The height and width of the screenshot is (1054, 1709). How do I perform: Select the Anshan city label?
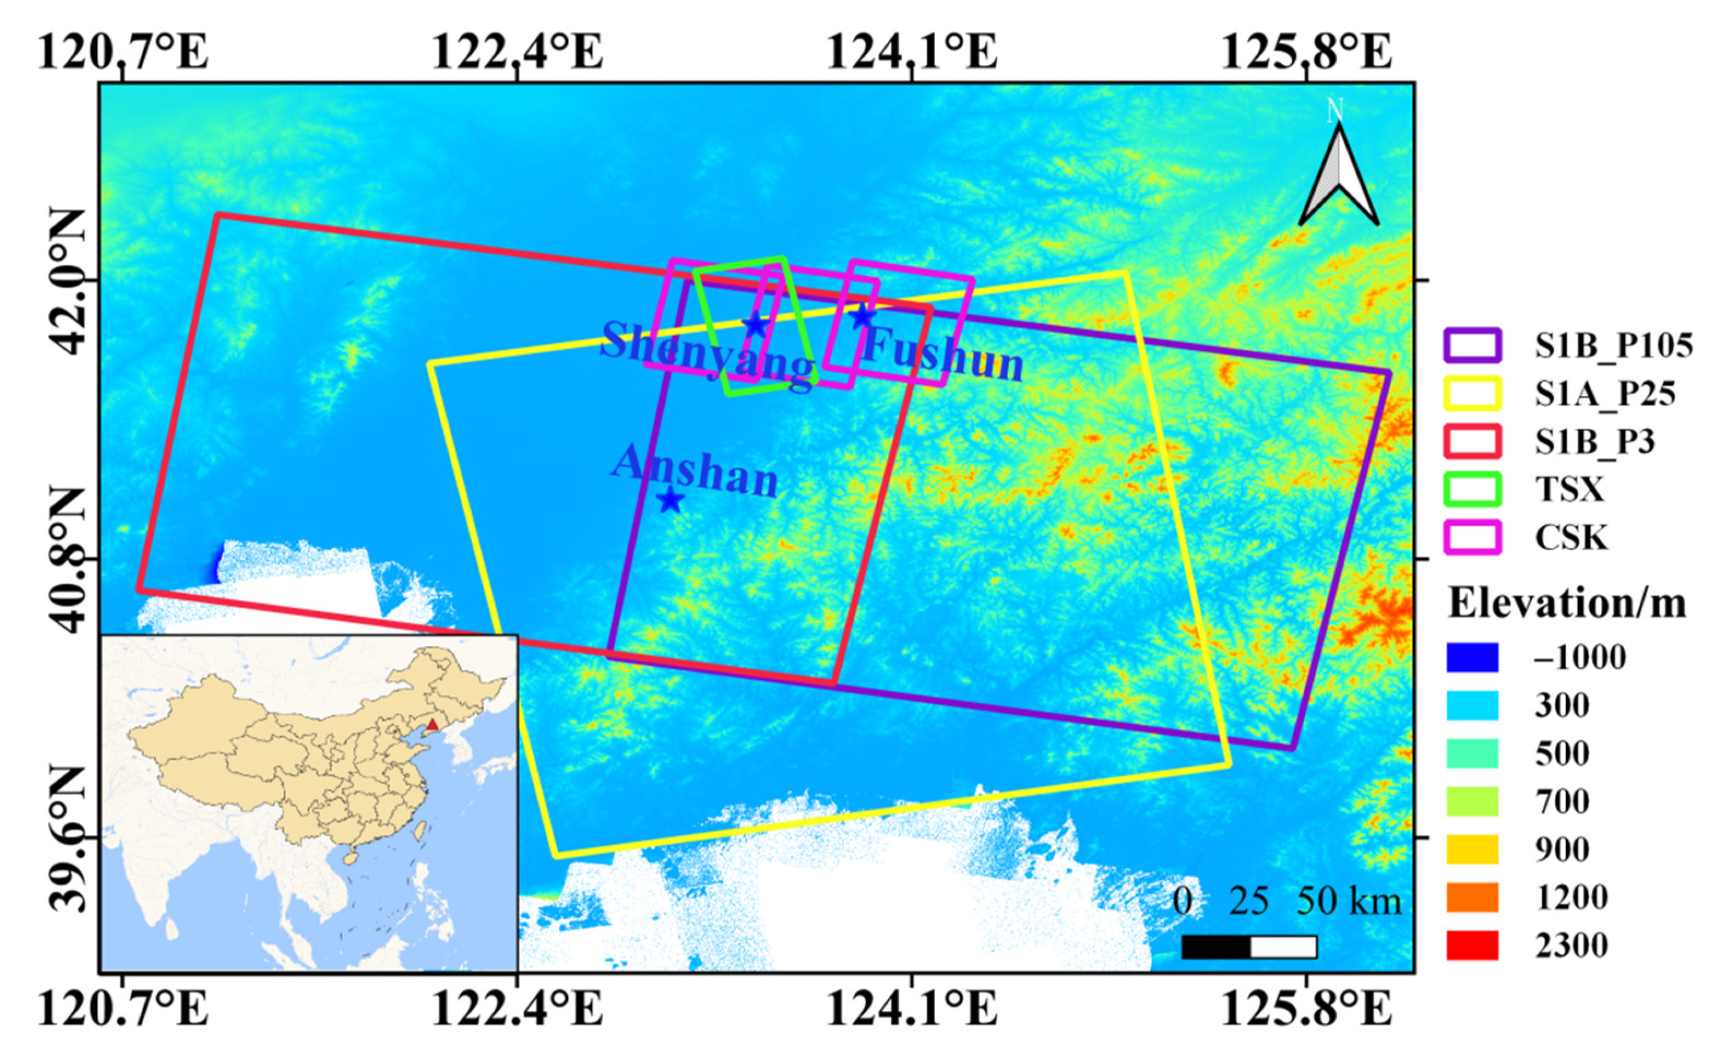pos(695,471)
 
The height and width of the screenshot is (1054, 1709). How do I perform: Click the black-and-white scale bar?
pos(1249,947)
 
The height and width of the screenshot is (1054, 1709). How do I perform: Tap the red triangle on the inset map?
pos(432,724)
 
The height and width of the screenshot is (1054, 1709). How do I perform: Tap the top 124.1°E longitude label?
pos(911,52)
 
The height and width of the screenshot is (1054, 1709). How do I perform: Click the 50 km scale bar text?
pos(1348,901)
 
